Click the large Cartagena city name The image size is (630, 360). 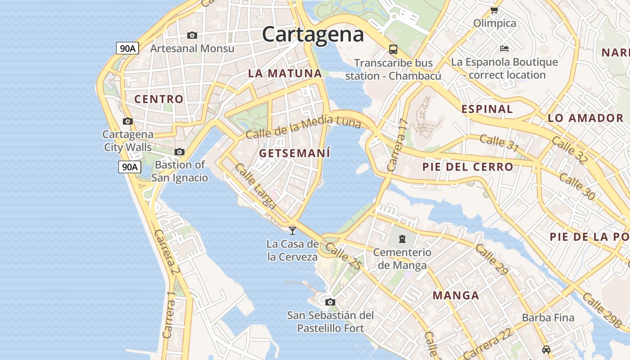click(x=313, y=35)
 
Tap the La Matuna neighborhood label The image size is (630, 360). click(x=285, y=73)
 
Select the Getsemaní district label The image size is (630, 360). click(x=295, y=153)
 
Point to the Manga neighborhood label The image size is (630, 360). click(x=456, y=296)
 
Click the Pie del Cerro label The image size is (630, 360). click(x=468, y=167)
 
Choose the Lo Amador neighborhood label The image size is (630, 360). click(x=585, y=118)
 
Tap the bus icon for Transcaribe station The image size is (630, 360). click(x=393, y=49)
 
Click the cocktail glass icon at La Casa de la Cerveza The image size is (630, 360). click(x=292, y=230)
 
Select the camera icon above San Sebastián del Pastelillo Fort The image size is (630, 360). click(x=330, y=302)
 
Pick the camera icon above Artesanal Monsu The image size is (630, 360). click(x=192, y=35)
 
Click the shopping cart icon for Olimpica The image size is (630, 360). click(x=494, y=10)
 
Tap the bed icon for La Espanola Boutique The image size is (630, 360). click(x=504, y=48)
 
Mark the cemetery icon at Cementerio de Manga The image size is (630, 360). click(x=402, y=238)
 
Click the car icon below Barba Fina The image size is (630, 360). click(x=546, y=349)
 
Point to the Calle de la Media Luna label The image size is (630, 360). click(x=303, y=127)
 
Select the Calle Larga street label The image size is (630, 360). click(x=255, y=186)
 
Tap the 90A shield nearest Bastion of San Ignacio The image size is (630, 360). click(x=130, y=167)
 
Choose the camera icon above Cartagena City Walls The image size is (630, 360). click(x=128, y=121)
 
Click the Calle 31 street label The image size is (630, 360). click(x=499, y=143)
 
